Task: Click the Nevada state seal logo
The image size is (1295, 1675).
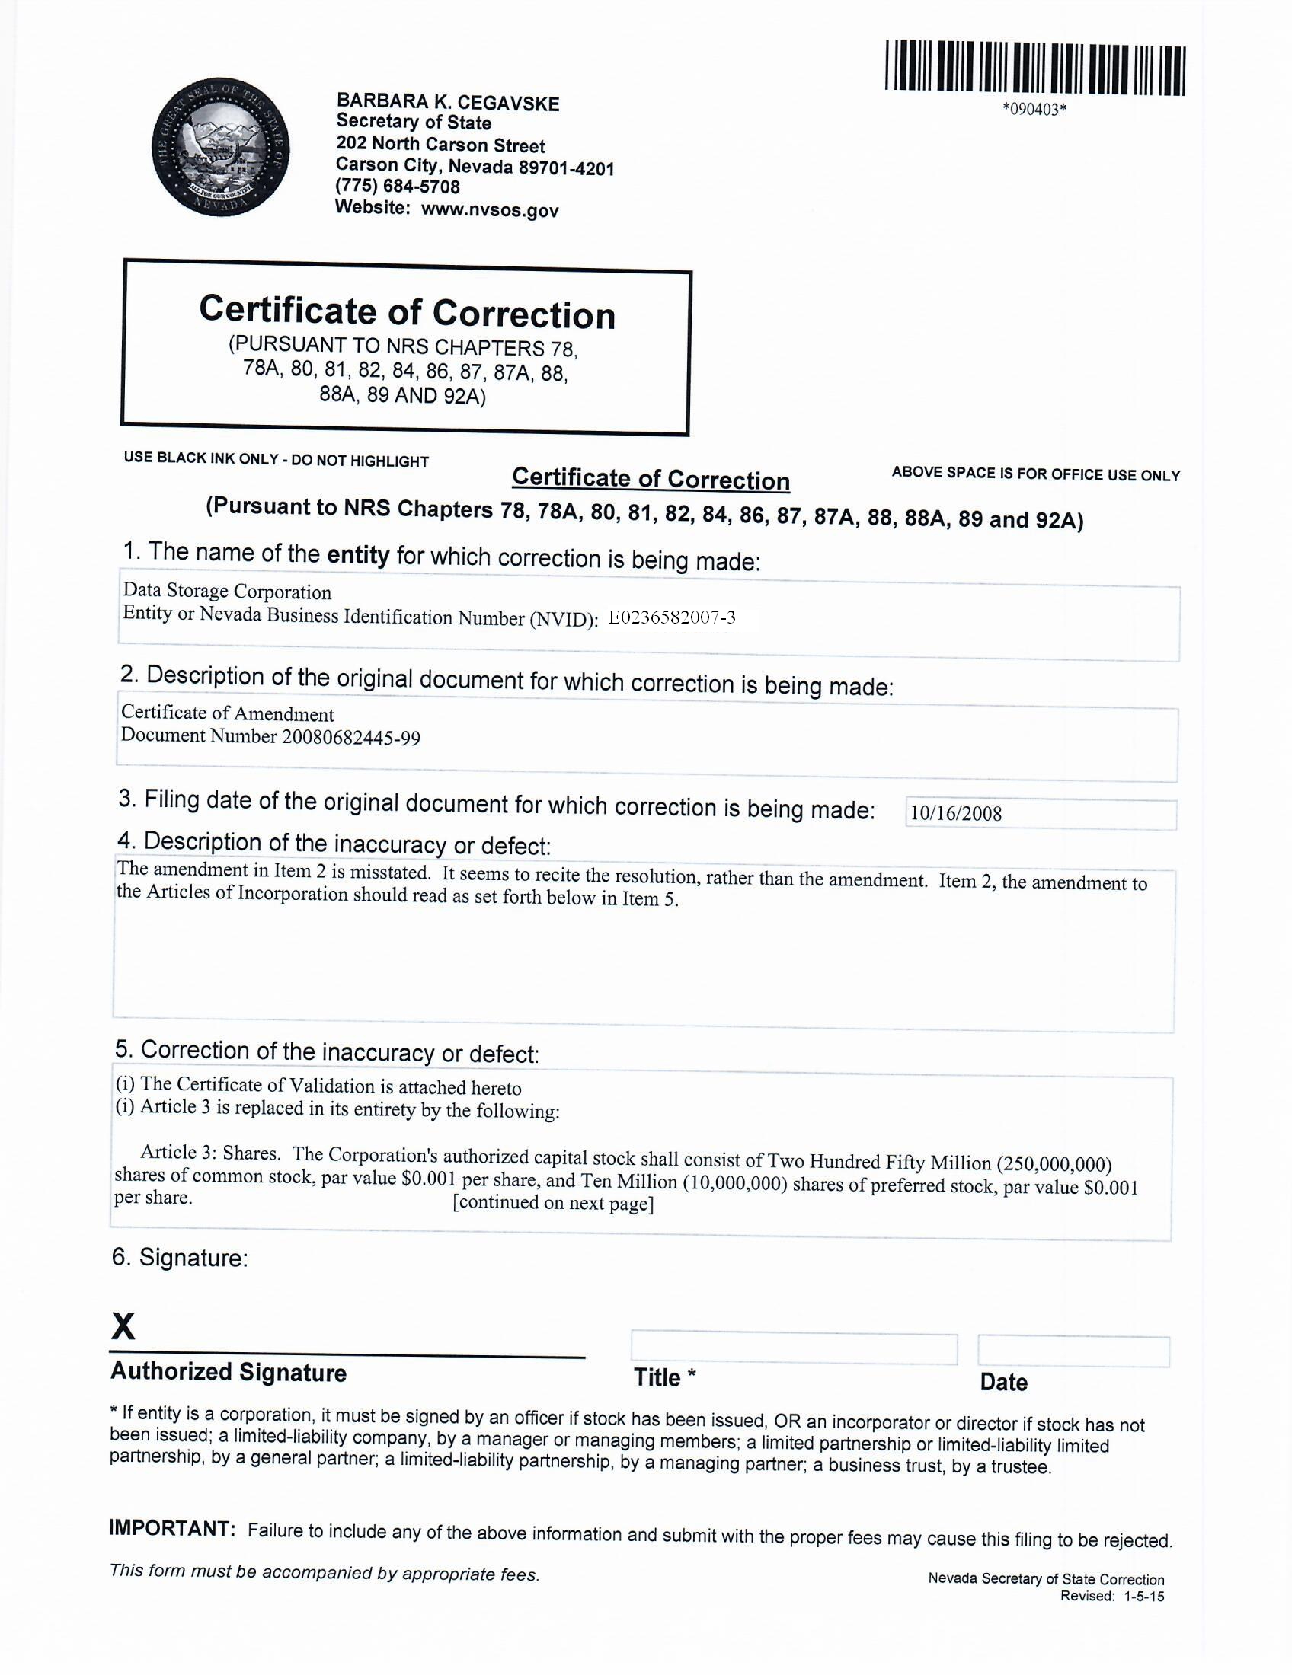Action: click(x=221, y=147)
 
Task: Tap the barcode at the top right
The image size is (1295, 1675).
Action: click(x=1035, y=70)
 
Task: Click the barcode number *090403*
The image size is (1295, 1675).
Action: click(x=1034, y=110)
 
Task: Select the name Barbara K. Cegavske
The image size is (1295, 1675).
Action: click(x=448, y=103)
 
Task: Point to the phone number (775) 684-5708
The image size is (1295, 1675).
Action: click(x=398, y=187)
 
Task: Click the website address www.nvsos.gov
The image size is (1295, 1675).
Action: click(x=491, y=209)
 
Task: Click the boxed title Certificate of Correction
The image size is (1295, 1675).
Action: click(x=407, y=312)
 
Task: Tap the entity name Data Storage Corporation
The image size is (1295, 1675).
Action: click(x=227, y=592)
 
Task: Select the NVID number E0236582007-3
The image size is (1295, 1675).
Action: click(x=672, y=617)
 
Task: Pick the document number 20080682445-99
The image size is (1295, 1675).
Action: click(x=348, y=737)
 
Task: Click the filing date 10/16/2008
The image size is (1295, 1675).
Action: click(x=956, y=814)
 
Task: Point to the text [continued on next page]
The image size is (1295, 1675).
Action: click(x=553, y=1202)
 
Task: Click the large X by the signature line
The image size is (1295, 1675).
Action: click(x=123, y=1326)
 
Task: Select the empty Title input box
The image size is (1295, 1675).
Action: click(x=794, y=1348)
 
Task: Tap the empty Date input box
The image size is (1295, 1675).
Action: click(x=1073, y=1351)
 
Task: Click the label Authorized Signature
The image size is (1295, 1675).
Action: click(x=229, y=1372)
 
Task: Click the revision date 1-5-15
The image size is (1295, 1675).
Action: click(x=1144, y=1596)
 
